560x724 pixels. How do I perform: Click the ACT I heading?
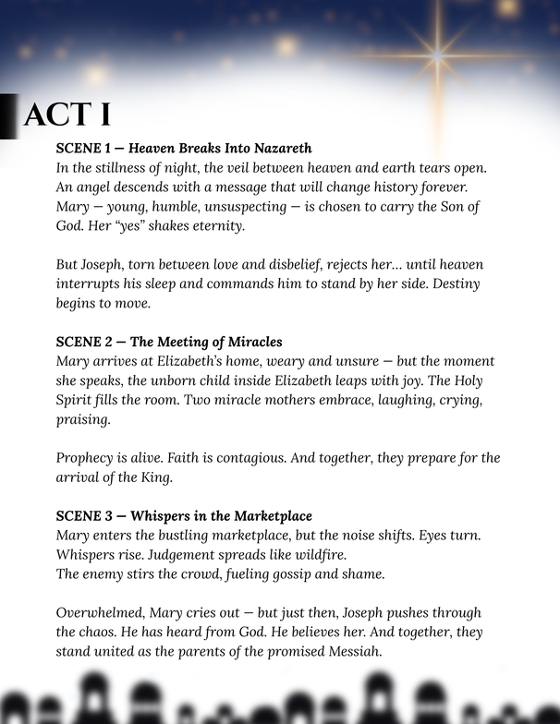67,115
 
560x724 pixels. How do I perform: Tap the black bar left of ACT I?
8,115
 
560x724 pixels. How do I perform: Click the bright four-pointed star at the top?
438,55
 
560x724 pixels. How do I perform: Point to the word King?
177,477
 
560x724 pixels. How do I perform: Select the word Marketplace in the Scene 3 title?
266,515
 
